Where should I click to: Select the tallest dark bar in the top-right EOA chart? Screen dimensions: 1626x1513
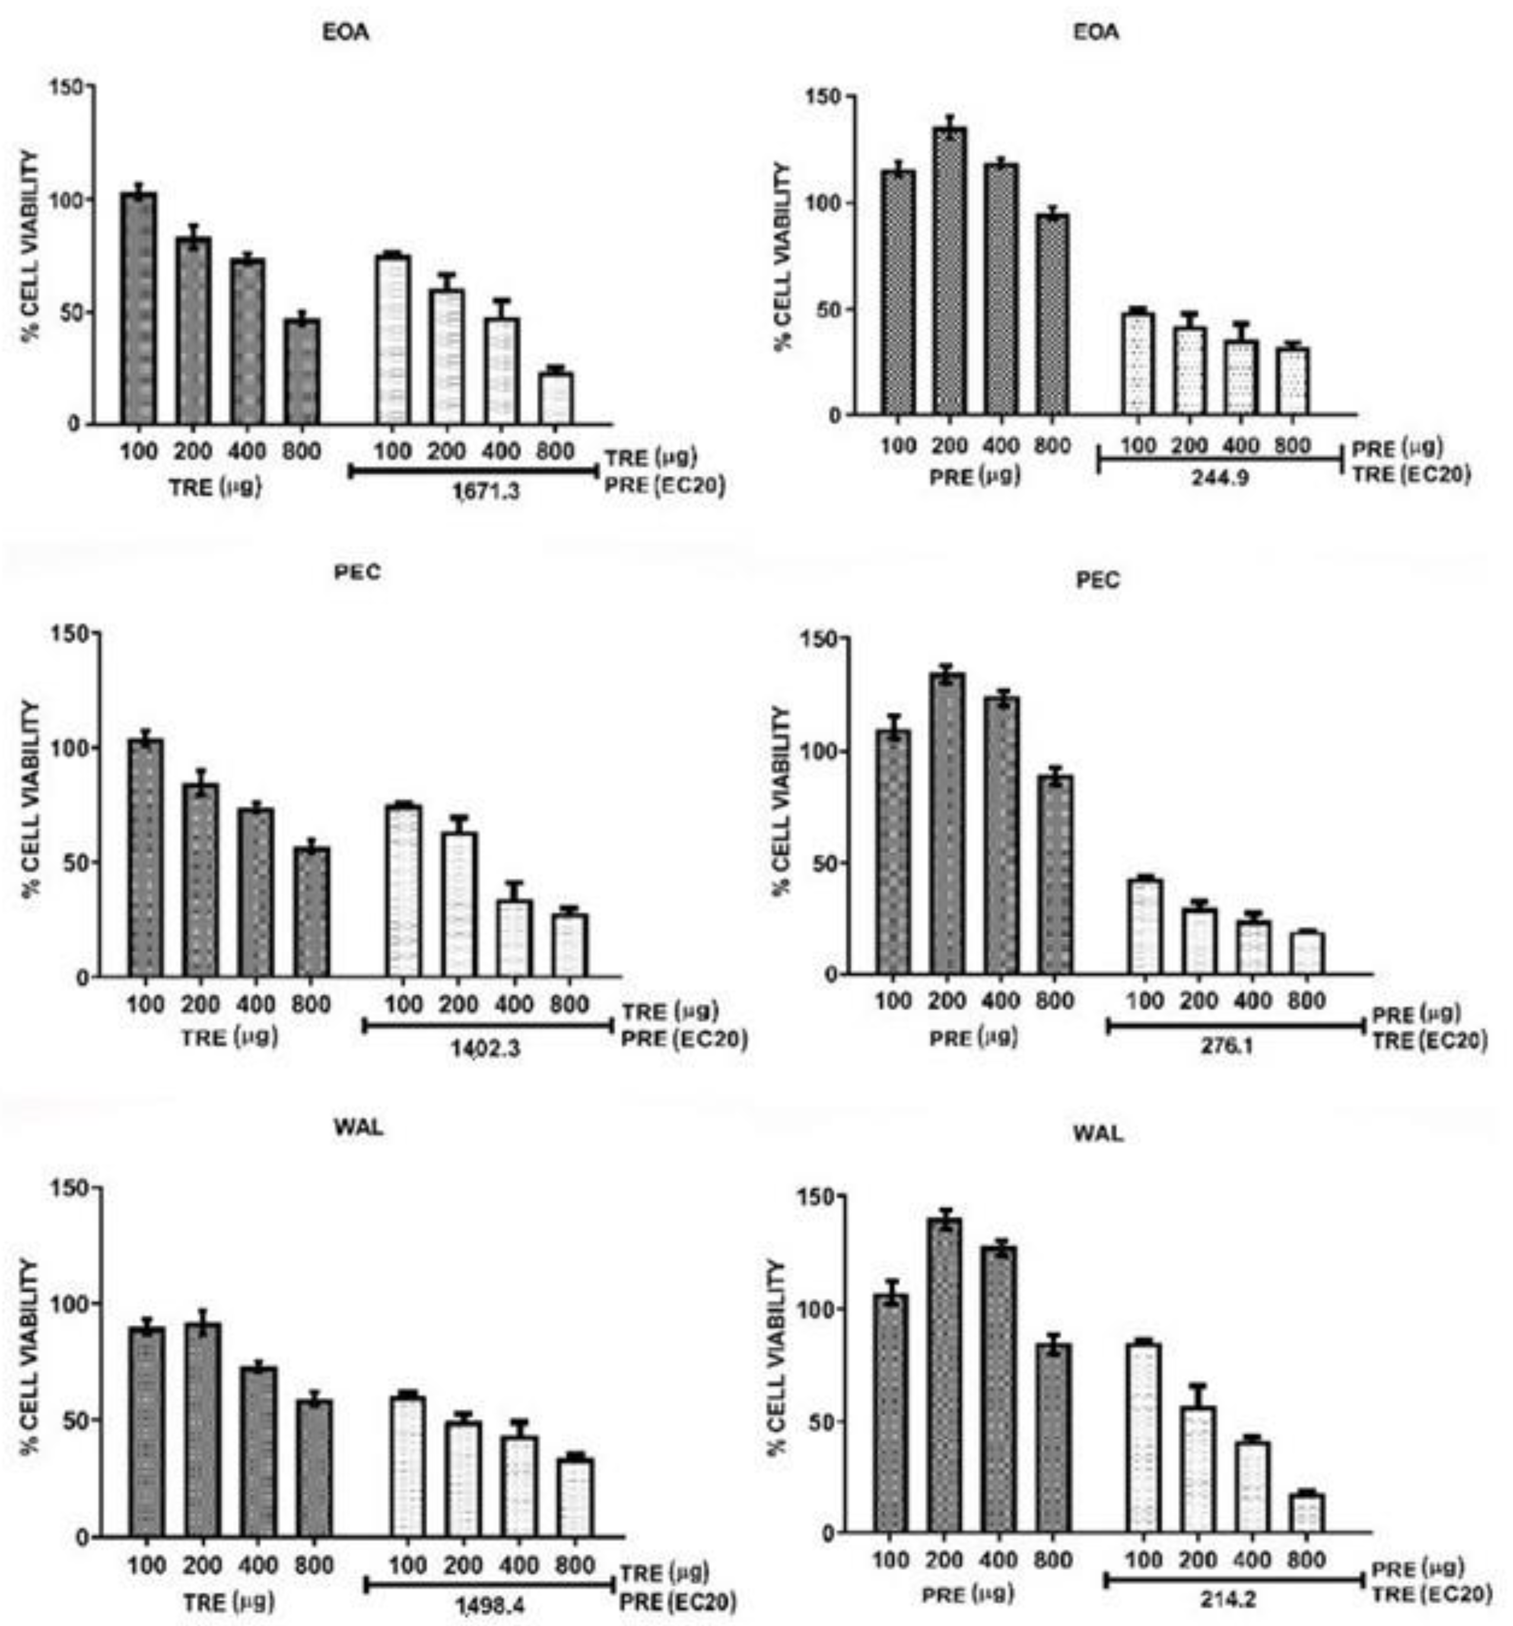tap(949, 270)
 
